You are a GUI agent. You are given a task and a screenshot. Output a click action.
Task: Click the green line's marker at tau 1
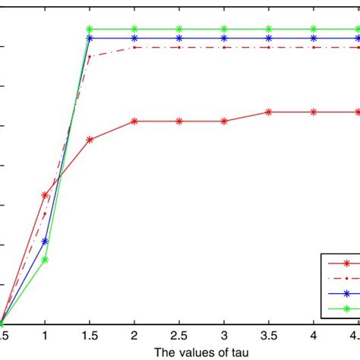45,260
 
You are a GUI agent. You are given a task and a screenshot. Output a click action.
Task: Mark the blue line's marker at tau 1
45,241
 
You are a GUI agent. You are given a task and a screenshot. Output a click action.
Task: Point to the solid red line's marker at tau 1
45,195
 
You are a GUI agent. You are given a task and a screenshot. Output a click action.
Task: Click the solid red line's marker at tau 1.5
90,140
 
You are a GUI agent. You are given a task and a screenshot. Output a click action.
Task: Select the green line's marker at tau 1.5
90,30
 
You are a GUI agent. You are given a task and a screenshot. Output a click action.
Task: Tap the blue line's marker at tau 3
224,38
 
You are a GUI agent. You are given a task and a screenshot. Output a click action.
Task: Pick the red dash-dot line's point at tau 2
134,48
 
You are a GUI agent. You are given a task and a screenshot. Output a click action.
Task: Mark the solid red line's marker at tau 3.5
269,112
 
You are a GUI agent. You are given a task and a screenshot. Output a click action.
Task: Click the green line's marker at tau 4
314,30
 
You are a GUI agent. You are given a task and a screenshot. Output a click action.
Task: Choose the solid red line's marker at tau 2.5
179,122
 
